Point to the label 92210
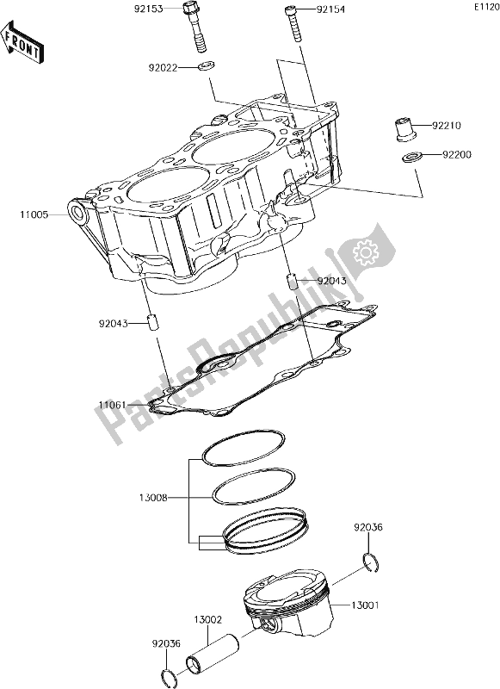tap(447, 126)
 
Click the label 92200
tap(447, 156)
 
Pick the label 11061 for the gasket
tap(114, 404)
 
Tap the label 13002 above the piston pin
tap(208, 619)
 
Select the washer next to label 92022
tap(207, 66)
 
